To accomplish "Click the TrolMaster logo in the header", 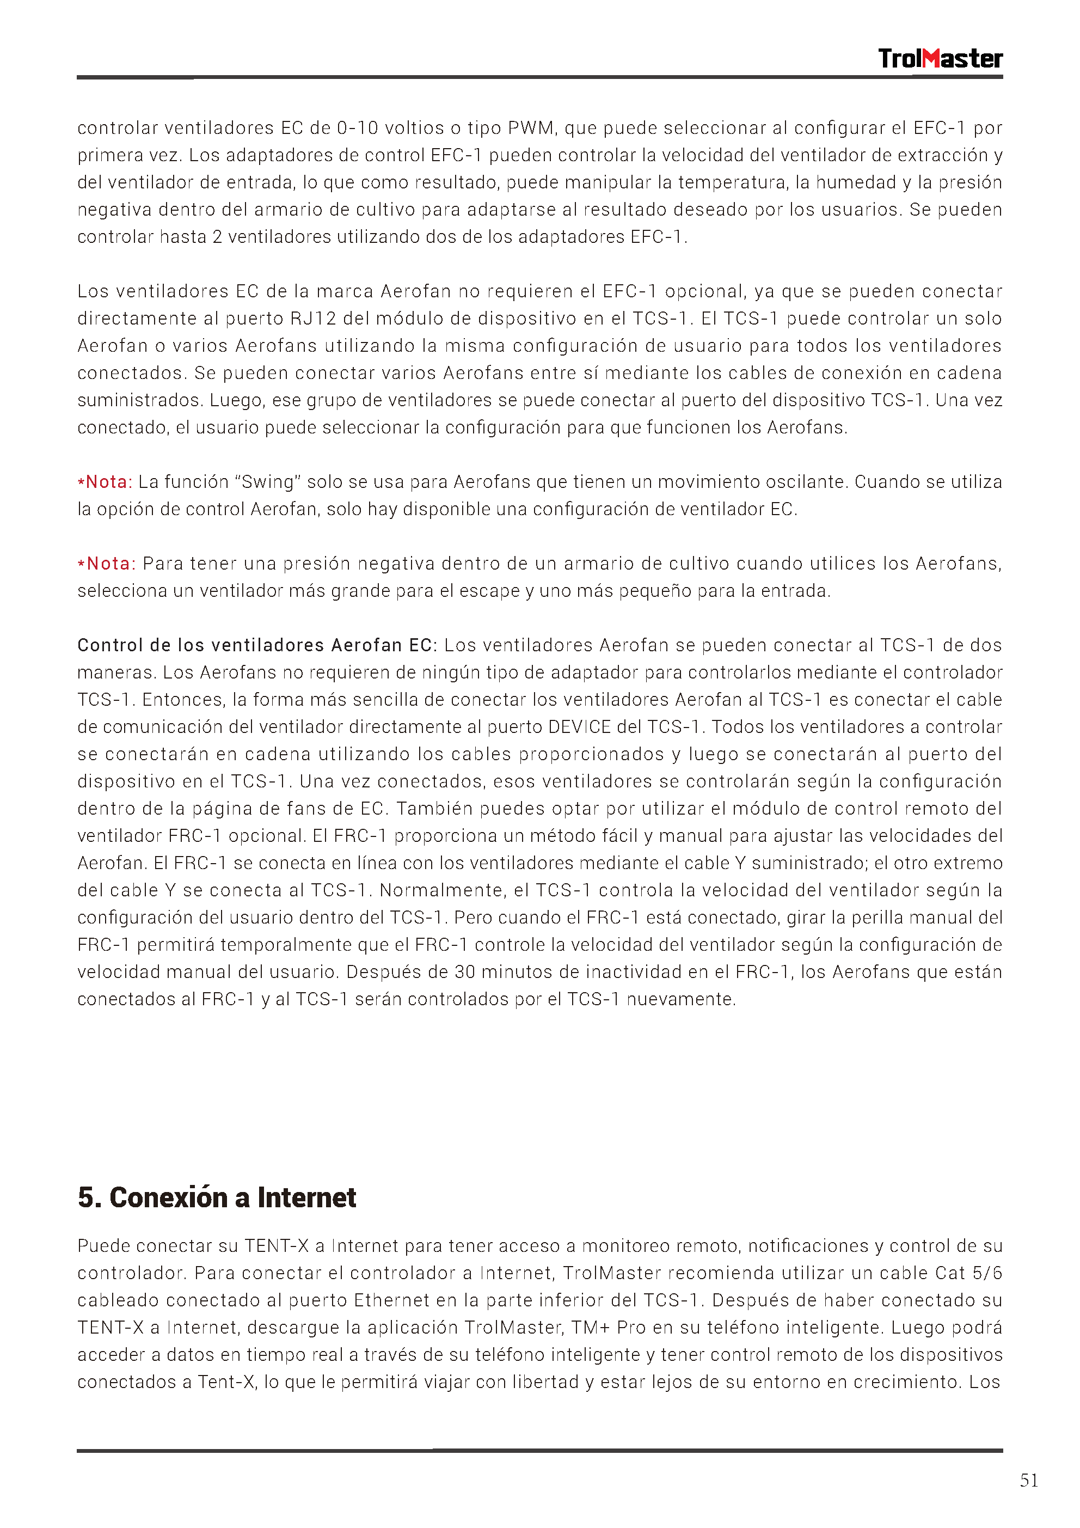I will [x=940, y=59].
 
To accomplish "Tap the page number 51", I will [x=1029, y=1480].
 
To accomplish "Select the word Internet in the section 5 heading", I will [x=307, y=1197].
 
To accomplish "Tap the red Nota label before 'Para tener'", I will [x=111, y=564].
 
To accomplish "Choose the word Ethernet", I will [x=391, y=1300].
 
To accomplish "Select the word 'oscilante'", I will [x=806, y=482].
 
